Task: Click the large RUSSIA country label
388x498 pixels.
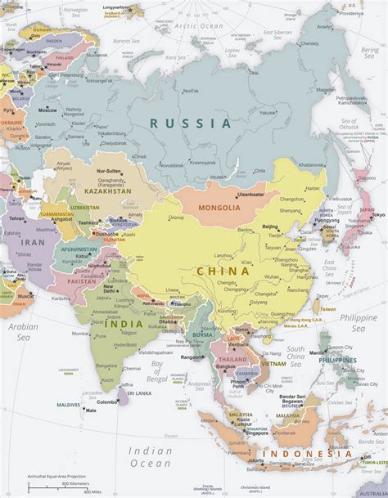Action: (x=190, y=123)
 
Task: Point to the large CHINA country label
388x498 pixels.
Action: (x=222, y=271)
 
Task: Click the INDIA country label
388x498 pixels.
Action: (x=123, y=324)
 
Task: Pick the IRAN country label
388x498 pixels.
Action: (x=34, y=242)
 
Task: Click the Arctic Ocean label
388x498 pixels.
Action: (x=201, y=26)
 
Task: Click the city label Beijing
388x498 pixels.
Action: (x=270, y=226)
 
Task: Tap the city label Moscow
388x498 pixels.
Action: (x=47, y=110)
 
